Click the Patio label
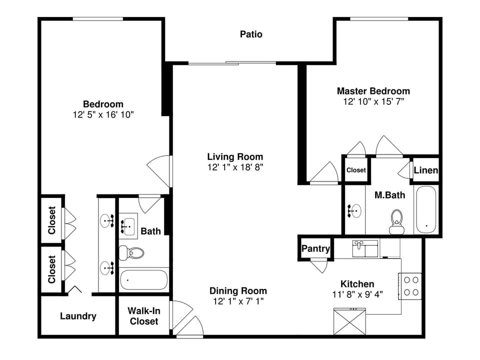click(x=251, y=34)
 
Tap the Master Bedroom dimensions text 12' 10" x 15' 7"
click(x=373, y=101)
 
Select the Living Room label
click(x=235, y=156)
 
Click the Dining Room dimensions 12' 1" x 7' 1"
click(x=237, y=301)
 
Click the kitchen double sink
click(x=365, y=248)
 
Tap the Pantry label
click(x=315, y=248)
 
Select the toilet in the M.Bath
click(x=397, y=221)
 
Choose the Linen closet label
click(x=426, y=170)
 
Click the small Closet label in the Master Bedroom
click(x=356, y=170)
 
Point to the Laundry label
click(x=78, y=316)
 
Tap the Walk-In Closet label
click(x=144, y=316)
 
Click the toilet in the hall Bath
click(x=131, y=252)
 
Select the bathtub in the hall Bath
click(x=144, y=280)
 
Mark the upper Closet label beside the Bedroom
click(x=51, y=220)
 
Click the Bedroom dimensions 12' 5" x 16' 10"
click(x=103, y=114)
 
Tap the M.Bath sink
click(x=355, y=210)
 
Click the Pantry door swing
click(x=318, y=265)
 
